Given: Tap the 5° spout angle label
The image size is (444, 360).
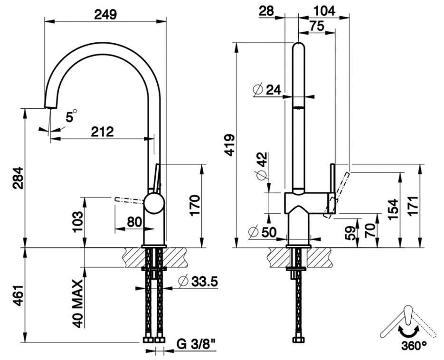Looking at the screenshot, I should click(71, 116).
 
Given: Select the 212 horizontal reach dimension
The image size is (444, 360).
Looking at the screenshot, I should click(103, 132).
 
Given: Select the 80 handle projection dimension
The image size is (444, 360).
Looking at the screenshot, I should click(134, 221).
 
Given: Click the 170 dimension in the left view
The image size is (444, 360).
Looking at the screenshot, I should click(196, 204).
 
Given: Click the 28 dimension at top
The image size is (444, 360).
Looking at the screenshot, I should click(267, 10).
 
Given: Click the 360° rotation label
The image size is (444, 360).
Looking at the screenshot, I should click(413, 345).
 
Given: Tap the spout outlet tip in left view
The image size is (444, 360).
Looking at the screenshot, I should click(49, 107).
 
